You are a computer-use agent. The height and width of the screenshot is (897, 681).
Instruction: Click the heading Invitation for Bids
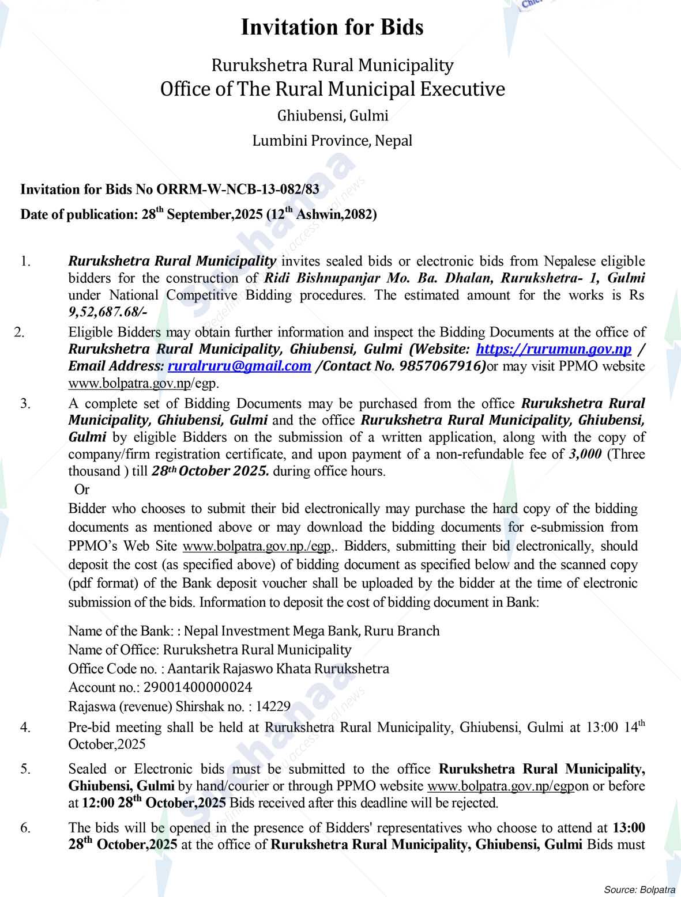(x=332, y=28)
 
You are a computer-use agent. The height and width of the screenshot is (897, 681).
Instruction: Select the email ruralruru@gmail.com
(x=239, y=366)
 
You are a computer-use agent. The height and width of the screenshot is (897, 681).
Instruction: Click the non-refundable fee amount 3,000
(x=585, y=454)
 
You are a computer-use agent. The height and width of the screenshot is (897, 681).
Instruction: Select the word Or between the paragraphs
(x=82, y=490)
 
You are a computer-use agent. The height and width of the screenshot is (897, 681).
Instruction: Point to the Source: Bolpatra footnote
(x=639, y=888)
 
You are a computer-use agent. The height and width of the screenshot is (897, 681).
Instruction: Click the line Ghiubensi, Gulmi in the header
(x=333, y=116)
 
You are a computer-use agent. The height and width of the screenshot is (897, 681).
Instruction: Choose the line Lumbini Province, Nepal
(x=332, y=141)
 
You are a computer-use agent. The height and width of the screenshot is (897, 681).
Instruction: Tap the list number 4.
(x=25, y=727)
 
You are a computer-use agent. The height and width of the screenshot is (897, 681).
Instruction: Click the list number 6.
(x=25, y=828)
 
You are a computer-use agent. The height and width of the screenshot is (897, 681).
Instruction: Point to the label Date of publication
(x=79, y=215)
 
